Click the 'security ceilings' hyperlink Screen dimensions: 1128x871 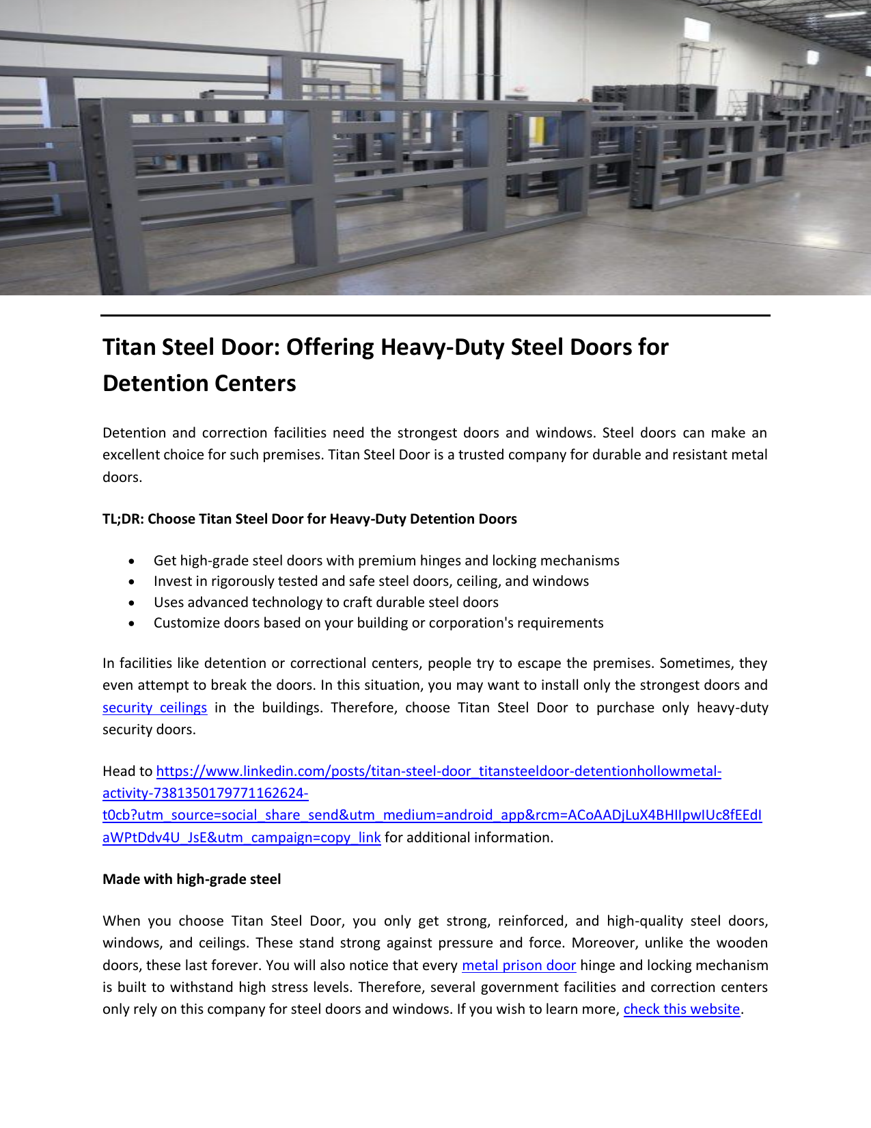coord(154,708)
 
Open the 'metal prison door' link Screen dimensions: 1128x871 coord(519,965)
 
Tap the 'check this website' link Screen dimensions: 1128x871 coord(681,1009)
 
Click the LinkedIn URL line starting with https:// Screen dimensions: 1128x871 coord(439,771)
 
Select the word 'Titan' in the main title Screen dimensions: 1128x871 coord(130,347)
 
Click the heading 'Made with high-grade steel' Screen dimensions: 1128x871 coord(191,879)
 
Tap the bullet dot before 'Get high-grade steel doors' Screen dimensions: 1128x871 coord(132,561)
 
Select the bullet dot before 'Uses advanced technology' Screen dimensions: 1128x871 coord(132,603)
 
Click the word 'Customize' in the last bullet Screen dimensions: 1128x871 coord(182,623)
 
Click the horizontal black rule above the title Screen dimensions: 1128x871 coord(435,315)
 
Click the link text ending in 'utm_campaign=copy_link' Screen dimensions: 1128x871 coord(241,837)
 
